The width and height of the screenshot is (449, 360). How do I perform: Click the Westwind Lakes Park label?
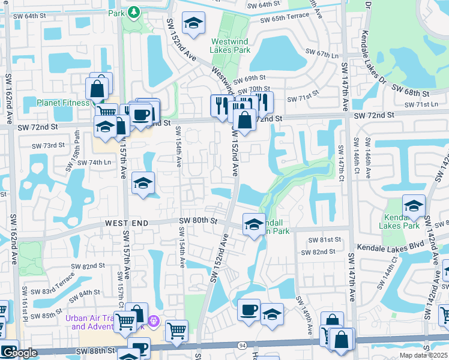coord(230,46)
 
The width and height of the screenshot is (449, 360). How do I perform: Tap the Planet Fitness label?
coord(62,103)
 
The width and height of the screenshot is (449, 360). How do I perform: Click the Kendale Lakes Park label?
coord(399,221)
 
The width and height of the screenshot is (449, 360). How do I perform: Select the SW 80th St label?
coord(197,221)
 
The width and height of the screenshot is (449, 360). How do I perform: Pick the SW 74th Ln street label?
coord(95,163)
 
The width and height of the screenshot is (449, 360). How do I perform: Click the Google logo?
coord(19,353)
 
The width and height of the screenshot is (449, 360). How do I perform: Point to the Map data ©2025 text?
coord(423,355)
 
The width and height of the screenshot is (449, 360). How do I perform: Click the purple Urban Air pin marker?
coord(154,322)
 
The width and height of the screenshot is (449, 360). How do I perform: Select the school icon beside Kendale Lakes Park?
coord(413,205)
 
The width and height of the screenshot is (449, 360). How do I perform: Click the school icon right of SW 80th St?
coord(254,224)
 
